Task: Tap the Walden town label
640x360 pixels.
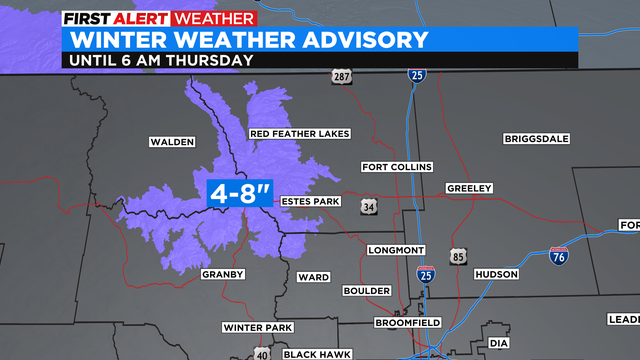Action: pyautogui.click(x=171, y=142)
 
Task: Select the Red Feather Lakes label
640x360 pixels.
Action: pyautogui.click(x=299, y=134)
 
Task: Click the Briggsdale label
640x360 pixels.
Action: pyautogui.click(x=535, y=140)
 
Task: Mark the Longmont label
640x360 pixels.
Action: pyautogui.click(x=397, y=249)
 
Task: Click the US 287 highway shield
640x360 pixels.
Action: pyautogui.click(x=343, y=76)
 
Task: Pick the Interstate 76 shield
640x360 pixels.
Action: pyautogui.click(x=559, y=255)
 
